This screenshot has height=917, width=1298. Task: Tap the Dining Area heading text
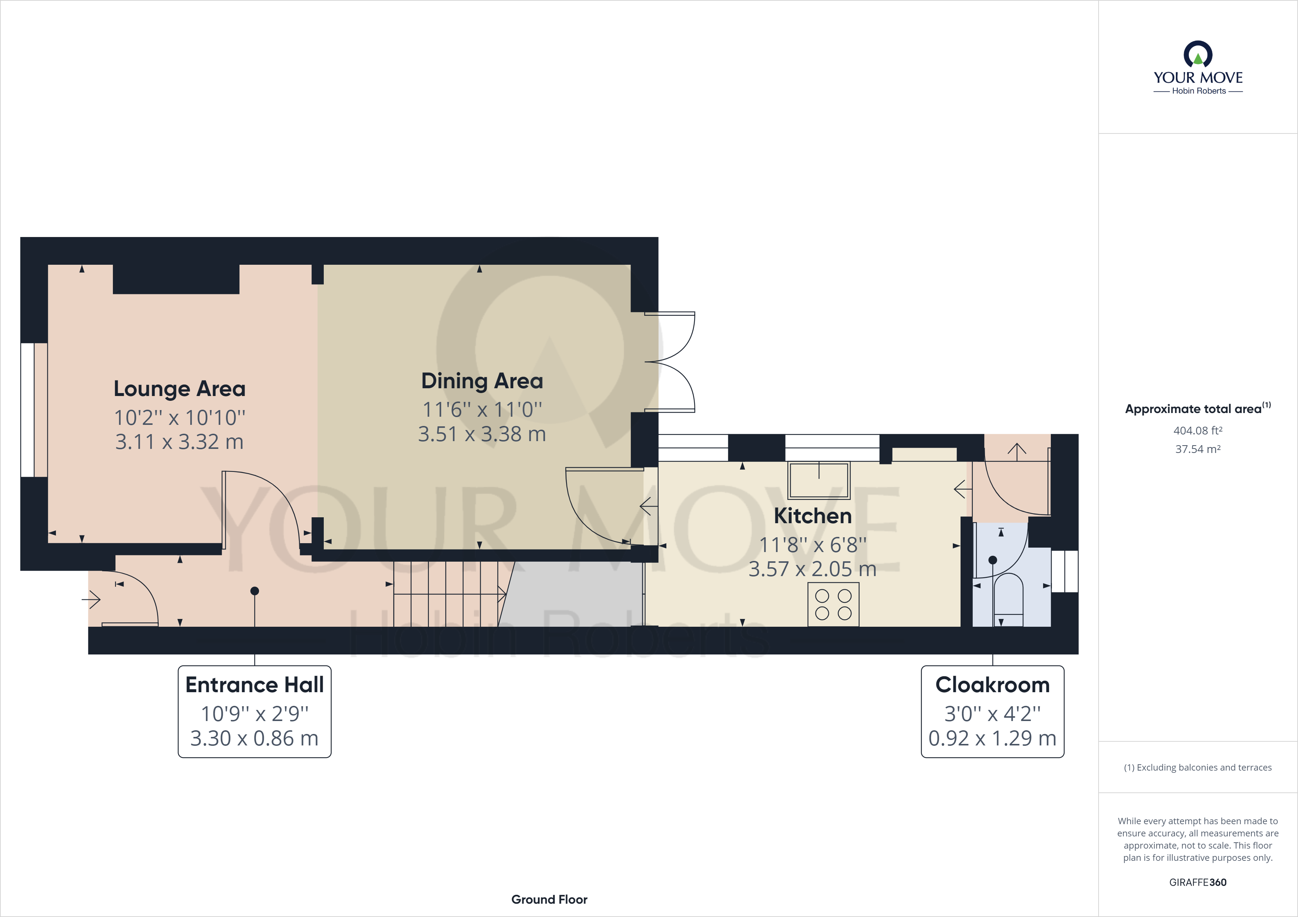pyautogui.click(x=482, y=381)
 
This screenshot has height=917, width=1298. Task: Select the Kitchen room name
pyautogui.click(x=813, y=516)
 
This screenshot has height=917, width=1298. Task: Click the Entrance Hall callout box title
pyautogui.click(x=255, y=685)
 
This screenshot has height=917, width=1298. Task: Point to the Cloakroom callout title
pyautogui.click(x=992, y=685)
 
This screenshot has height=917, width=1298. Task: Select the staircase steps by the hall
pyautogui.click(x=447, y=593)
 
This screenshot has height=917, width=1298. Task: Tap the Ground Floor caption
pyautogui.click(x=549, y=900)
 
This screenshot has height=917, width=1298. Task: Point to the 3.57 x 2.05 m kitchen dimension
pyautogui.click(x=813, y=569)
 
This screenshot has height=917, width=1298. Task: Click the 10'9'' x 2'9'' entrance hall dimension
pyautogui.click(x=255, y=714)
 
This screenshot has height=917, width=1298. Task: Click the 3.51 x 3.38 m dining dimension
pyautogui.click(x=482, y=434)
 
